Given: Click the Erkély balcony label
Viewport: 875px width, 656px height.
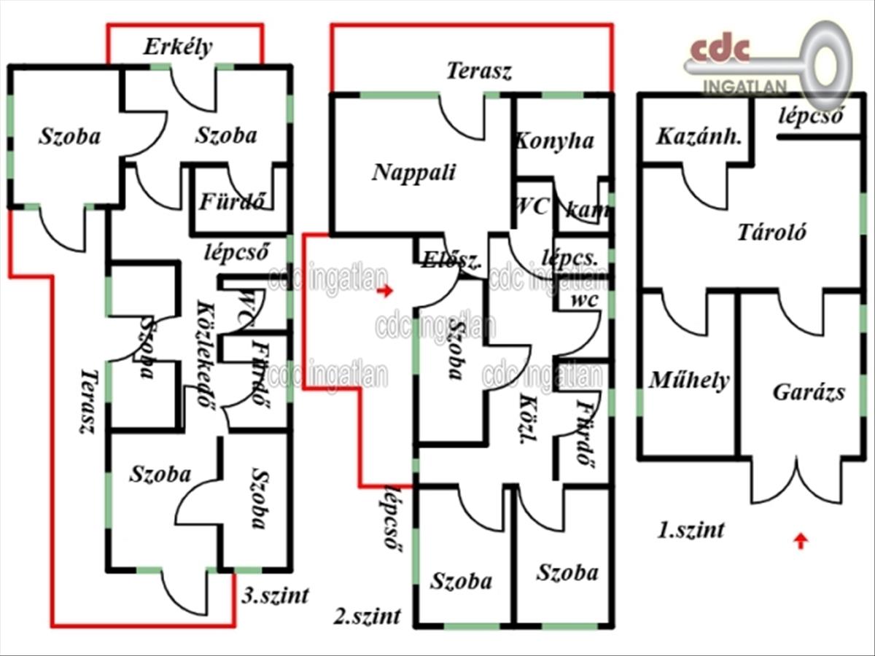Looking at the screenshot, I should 177,47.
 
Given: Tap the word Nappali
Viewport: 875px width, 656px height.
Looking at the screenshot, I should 413,172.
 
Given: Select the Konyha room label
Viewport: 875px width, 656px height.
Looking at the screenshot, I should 554,141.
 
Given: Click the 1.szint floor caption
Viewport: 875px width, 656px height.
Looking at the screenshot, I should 691,529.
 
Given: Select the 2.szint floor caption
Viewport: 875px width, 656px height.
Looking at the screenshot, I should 367,616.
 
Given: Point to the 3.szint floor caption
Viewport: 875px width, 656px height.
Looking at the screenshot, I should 275,595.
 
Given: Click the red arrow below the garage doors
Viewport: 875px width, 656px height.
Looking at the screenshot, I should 801,540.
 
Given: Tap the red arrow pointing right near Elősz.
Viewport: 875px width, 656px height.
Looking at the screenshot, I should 386,291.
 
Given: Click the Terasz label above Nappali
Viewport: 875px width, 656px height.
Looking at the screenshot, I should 479,71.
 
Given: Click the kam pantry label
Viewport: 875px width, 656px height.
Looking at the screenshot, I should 588,211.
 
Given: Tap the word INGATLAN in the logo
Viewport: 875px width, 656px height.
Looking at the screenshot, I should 744,87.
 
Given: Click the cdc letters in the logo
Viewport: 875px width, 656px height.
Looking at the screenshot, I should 720,49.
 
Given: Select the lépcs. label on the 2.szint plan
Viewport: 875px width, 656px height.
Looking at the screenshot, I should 570,257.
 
